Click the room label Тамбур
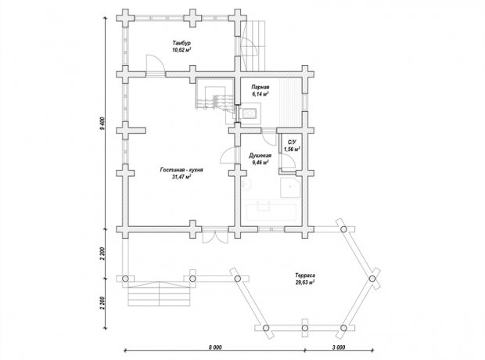coord(181,43)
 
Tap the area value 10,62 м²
coord(181,49)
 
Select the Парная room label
coord(260,88)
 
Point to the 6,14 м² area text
coord(260,95)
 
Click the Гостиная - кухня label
coord(181,170)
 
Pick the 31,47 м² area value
coord(181,177)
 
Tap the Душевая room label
coord(260,156)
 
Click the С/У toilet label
coord(292,142)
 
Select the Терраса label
coord(305,275)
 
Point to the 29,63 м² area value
coord(305,283)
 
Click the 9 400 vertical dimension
coord(102,124)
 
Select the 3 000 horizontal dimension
coord(339,347)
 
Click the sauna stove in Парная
coord(249,114)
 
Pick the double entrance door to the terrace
coord(215,237)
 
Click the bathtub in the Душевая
coord(271,212)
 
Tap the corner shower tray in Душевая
coord(290,188)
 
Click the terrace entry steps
coord(159,293)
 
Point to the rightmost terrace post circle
coord(372,279)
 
